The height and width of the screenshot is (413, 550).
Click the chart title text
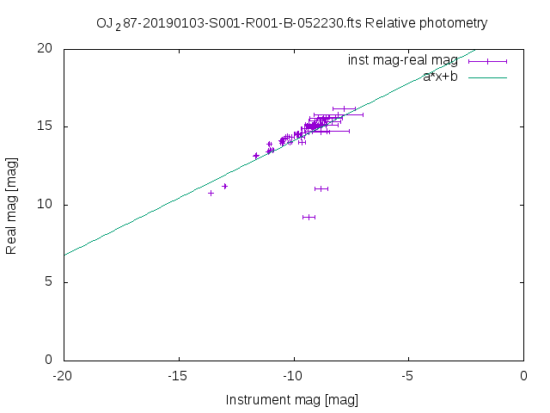coord(292,23)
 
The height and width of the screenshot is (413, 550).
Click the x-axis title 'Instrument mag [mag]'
coord(292,400)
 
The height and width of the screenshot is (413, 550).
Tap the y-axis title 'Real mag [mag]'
coord(11,204)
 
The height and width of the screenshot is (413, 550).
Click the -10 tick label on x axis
coord(294,375)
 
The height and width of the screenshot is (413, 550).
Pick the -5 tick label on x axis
coord(409,375)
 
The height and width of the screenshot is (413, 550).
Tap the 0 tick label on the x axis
coord(523,375)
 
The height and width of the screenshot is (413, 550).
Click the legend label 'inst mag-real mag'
coord(402,60)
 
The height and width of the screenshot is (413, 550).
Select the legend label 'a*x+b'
coord(440,77)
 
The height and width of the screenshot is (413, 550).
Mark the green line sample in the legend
coord(487,77)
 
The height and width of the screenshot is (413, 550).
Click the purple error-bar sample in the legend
coord(487,61)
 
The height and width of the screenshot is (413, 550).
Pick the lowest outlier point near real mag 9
coord(309,217)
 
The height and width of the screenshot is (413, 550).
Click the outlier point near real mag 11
coord(321,188)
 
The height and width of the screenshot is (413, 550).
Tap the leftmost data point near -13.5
coord(211,193)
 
